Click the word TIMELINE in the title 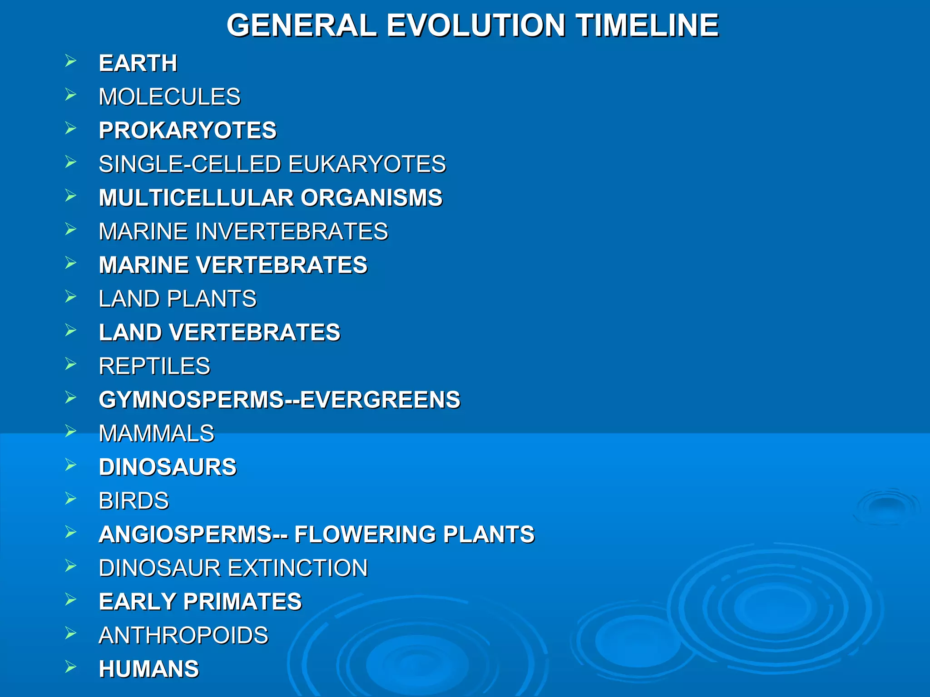tap(648, 25)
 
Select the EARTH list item tap(138, 63)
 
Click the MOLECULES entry tap(169, 97)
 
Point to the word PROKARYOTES tap(188, 130)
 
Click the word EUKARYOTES tap(367, 164)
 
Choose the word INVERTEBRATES tap(292, 231)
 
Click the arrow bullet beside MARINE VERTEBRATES tap(71, 263)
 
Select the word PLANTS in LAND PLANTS tap(212, 299)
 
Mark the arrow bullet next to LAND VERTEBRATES tap(71, 330)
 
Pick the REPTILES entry tap(154, 366)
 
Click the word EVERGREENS tap(380, 400)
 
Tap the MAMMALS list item tap(156, 433)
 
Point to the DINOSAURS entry tap(168, 467)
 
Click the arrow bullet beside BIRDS tap(71, 499)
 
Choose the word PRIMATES tap(242, 602)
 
